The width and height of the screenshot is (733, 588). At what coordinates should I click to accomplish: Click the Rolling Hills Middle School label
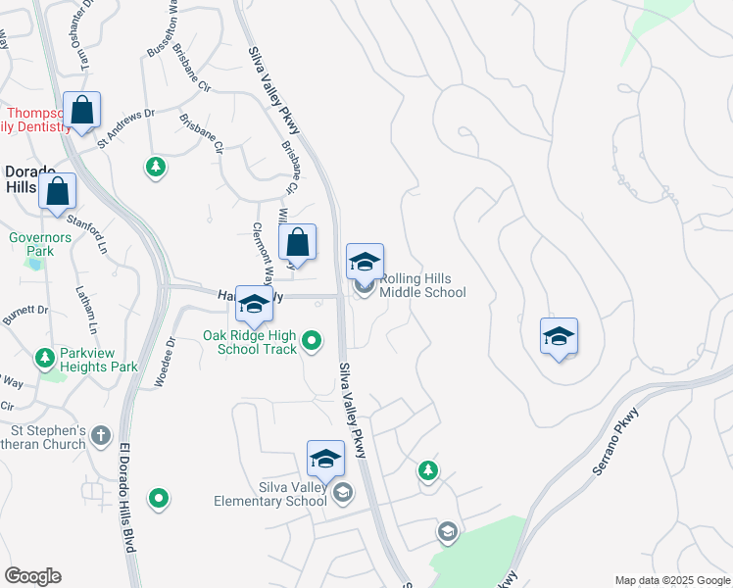(421, 285)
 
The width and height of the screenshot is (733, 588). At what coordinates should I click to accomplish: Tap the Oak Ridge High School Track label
(250, 342)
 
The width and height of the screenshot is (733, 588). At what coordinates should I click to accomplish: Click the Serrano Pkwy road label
(614, 442)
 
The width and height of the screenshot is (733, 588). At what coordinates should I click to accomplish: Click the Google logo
(32, 576)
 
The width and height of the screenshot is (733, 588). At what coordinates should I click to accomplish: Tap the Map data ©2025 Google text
(671, 580)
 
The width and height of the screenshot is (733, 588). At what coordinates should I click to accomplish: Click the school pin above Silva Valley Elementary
(325, 458)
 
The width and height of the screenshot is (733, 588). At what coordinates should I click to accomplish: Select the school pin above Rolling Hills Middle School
(365, 261)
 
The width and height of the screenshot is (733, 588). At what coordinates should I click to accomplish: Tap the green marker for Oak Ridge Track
(312, 341)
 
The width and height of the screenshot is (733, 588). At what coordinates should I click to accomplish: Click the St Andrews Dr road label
(125, 127)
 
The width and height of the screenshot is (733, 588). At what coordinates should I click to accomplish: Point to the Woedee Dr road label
(164, 363)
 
